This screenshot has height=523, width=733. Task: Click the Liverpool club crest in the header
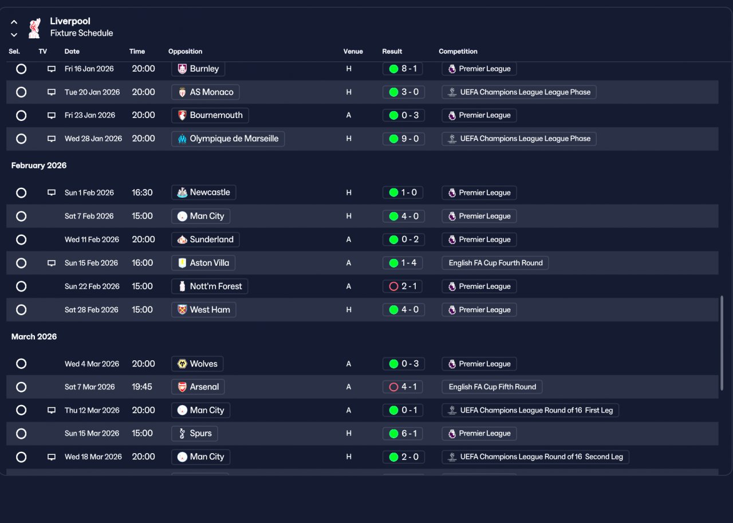tap(35, 28)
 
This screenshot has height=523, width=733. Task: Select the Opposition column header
tap(185, 52)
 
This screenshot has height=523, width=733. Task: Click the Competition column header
tap(458, 52)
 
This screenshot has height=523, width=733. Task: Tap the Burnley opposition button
tap(198, 69)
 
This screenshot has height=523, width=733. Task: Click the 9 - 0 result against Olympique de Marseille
tap(404, 139)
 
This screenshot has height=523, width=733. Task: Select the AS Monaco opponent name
tap(211, 92)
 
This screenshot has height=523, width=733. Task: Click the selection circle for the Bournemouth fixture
tap(21, 116)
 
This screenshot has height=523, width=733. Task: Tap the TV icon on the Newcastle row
tap(52, 192)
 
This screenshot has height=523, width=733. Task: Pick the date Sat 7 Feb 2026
tap(89, 216)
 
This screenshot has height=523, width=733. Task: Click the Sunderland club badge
tap(182, 239)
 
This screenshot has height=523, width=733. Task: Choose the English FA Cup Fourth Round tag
tap(495, 263)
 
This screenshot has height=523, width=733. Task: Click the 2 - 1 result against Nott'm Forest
tap(402, 286)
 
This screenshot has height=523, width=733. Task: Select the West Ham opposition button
tap(203, 309)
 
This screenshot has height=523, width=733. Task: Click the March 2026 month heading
tap(34, 337)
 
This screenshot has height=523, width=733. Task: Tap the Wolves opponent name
tap(203, 364)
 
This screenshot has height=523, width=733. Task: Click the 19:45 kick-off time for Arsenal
tap(142, 387)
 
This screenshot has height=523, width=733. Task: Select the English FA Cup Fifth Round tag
tap(492, 387)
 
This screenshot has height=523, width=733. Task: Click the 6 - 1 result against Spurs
tap(404, 434)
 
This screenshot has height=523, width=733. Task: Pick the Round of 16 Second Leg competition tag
tap(535, 457)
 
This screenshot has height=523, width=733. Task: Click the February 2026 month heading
tap(39, 166)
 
